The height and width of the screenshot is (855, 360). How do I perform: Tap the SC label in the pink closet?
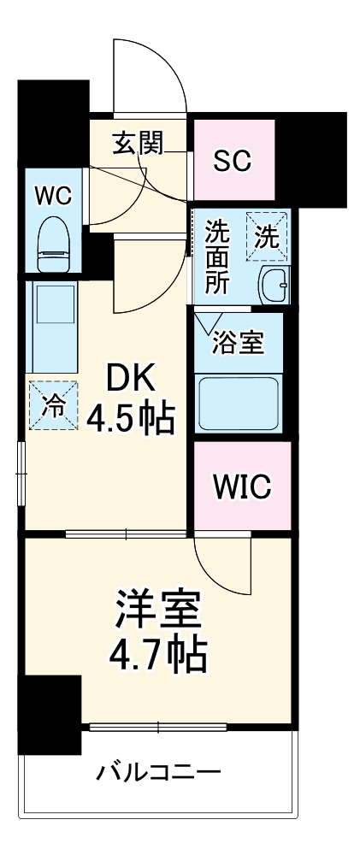(x=233, y=161)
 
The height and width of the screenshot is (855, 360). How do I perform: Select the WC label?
(x=52, y=195)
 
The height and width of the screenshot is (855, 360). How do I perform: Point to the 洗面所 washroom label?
(x=218, y=256)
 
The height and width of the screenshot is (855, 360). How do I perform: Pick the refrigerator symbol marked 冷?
(x=53, y=405)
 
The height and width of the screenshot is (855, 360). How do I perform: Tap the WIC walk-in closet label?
(x=242, y=486)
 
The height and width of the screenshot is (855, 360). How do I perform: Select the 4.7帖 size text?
(x=157, y=657)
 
